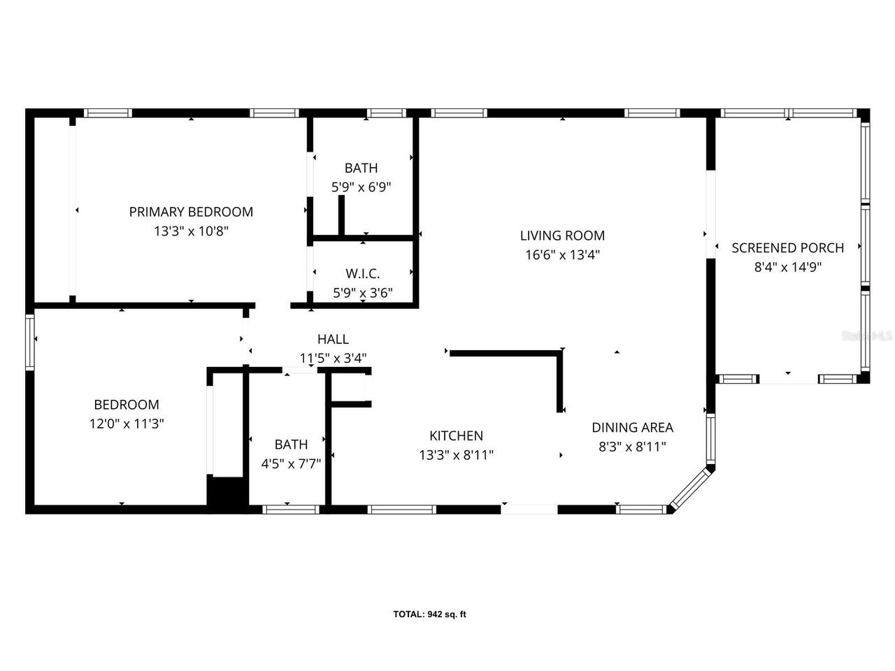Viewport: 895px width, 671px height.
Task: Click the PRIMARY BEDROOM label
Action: pyautogui.click(x=191, y=212)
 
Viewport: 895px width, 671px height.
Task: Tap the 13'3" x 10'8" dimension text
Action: pyautogui.click(x=191, y=231)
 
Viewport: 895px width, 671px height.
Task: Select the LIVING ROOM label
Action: pyautogui.click(x=562, y=236)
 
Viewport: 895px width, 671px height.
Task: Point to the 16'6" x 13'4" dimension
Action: pyautogui.click(x=562, y=255)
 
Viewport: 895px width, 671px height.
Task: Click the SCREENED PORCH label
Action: pyautogui.click(x=787, y=247)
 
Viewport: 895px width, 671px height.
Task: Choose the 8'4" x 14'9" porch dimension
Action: pyautogui.click(x=787, y=267)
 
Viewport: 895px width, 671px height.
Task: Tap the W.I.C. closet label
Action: pyautogui.click(x=362, y=273)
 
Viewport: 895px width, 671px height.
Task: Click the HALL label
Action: pyautogui.click(x=333, y=339)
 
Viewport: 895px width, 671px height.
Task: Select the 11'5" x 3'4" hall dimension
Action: pyautogui.click(x=333, y=358)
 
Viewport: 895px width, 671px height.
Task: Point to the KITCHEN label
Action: pyautogui.click(x=456, y=435)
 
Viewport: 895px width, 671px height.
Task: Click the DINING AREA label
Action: pyautogui.click(x=632, y=427)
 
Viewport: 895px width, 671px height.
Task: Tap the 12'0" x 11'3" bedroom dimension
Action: pyautogui.click(x=127, y=424)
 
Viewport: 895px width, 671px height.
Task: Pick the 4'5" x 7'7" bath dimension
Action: pyautogui.click(x=291, y=463)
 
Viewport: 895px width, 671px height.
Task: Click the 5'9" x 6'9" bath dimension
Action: pyautogui.click(x=361, y=187)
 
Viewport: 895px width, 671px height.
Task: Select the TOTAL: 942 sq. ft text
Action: pyautogui.click(x=429, y=614)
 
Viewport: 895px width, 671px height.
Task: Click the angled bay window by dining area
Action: pyautogui.click(x=691, y=490)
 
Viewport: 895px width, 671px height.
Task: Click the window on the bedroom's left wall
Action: pyautogui.click(x=30, y=342)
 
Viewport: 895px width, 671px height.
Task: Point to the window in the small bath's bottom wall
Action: pyautogui.click(x=291, y=510)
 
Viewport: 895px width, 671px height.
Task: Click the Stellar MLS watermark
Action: pyautogui.click(x=867, y=336)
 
